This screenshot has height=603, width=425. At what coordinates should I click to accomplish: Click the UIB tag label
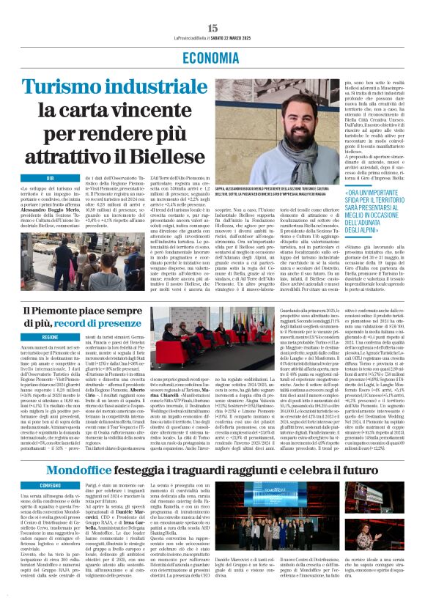[x=51, y=178]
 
